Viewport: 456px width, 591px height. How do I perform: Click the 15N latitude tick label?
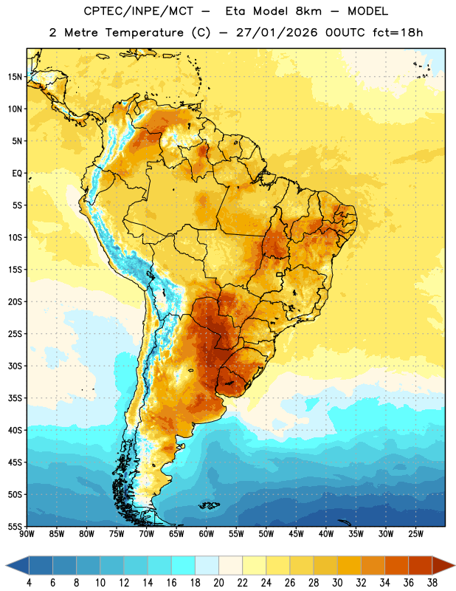[15, 77]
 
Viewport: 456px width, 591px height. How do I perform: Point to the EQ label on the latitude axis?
[17, 174]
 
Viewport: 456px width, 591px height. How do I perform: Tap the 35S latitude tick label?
[15, 398]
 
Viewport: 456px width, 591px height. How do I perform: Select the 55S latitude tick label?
[15, 526]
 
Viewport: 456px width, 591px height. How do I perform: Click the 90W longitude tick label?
[27, 534]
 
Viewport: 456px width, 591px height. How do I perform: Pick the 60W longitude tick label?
[207, 534]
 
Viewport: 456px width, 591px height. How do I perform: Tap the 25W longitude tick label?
[415, 534]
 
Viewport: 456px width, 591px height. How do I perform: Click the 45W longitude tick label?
[296, 534]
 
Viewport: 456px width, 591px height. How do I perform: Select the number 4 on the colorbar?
[29, 583]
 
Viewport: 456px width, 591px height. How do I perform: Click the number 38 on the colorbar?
[432, 583]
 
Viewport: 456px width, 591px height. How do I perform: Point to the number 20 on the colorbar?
[218, 583]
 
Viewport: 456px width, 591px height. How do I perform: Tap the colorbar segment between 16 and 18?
[183, 566]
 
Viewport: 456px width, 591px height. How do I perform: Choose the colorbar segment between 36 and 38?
[421, 566]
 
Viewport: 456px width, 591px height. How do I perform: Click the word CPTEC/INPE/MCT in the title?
[139, 11]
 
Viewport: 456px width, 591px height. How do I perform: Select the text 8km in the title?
[308, 11]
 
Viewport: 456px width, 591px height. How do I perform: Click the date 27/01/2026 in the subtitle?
[277, 33]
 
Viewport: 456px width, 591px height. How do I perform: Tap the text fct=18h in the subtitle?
[398, 33]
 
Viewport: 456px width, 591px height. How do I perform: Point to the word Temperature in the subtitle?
[144, 33]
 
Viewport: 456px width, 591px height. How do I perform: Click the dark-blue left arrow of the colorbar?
[17, 566]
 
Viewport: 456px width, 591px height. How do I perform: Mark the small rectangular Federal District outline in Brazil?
[280, 275]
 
